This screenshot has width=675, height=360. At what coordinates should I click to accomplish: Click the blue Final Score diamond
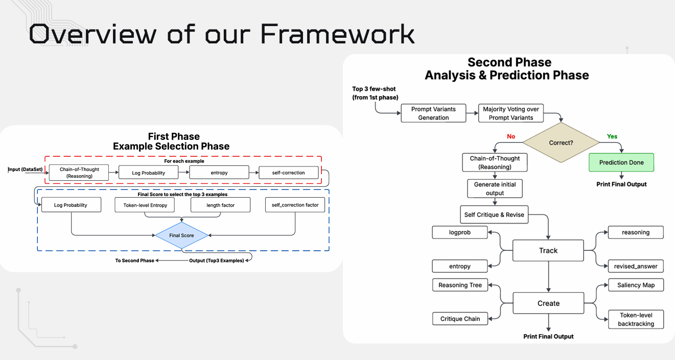click(182, 235)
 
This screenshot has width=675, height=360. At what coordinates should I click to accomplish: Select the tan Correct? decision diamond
click(561, 142)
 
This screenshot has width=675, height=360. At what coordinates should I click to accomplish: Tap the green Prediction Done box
click(621, 162)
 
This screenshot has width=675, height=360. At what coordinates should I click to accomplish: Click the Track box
click(548, 251)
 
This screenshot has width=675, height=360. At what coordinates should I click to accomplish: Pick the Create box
click(548, 303)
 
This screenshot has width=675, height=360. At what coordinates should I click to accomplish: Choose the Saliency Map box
click(636, 285)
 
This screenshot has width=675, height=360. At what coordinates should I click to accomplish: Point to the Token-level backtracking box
click(636, 319)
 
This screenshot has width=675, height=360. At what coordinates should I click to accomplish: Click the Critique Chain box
click(460, 319)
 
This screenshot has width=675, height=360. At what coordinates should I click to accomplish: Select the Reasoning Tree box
click(460, 285)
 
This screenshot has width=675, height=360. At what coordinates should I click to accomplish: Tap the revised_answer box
click(636, 266)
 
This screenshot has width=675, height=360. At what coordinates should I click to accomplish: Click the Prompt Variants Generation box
click(433, 113)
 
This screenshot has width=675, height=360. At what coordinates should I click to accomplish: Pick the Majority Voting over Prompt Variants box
click(511, 113)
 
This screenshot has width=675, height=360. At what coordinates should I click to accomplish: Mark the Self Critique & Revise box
click(494, 214)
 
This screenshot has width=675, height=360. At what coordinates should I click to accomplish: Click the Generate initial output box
click(495, 188)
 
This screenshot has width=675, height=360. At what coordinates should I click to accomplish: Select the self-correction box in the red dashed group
click(288, 173)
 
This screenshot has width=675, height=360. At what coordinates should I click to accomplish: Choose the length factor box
click(221, 205)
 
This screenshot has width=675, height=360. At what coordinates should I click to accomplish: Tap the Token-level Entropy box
click(145, 205)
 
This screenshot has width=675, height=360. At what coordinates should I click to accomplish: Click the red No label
click(510, 136)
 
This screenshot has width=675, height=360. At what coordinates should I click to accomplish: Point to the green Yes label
click(612, 136)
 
